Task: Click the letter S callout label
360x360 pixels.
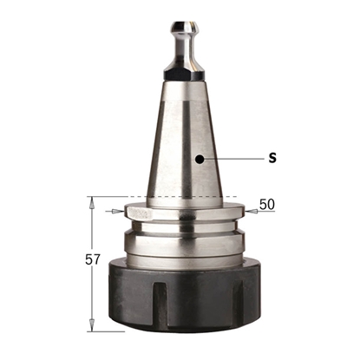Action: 272,158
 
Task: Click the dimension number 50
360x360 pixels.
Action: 266,205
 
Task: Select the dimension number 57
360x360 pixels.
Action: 93,259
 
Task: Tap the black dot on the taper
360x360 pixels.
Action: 200,159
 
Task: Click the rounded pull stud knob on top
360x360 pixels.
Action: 184,28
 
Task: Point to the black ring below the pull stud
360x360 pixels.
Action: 185,75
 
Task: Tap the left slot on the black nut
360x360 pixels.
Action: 160,304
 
